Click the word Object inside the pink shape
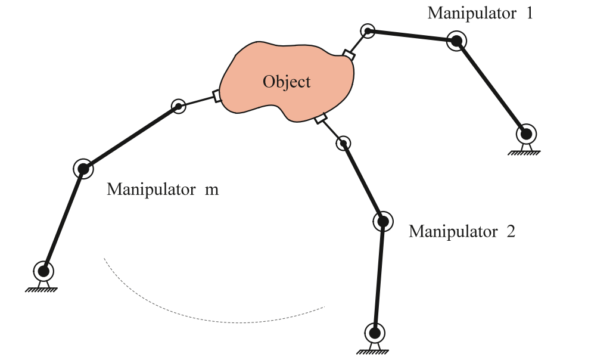[x=287, y=81]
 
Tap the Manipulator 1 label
[x=480, y=13]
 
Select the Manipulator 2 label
[x=461, y=231]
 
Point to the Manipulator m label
[x=162, y=190]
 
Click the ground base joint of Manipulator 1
[x=526, y=133]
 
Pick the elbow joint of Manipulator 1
[x=456, y=41]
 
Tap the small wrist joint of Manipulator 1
[x=368, y=30]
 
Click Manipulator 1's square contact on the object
[x=349, y=55]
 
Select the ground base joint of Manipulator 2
[x=375, y=332]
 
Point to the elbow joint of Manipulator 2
[x=382, y=222]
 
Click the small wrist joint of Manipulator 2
[x=343, y=143]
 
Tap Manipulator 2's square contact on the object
[x=321, y=119]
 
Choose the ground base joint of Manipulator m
[x=43, y=271]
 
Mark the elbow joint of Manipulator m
[x=83, y=169]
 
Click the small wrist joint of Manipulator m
[x=178, y=106]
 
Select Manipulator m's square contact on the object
[x=217, y=96]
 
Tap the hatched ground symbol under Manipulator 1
[x=524, y=152]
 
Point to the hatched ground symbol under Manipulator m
[x=42, y=290]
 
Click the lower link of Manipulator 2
[x=379, y=277]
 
